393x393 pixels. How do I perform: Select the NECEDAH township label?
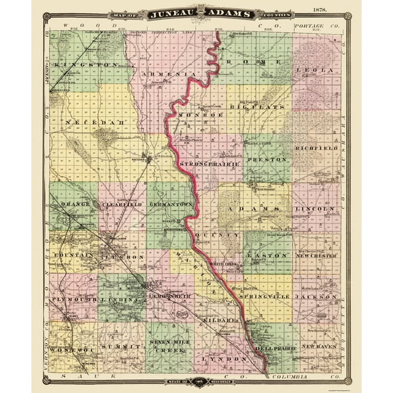coord(87,122)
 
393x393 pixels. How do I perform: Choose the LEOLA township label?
coord(314,70)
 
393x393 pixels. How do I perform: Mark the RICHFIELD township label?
coord(314,147)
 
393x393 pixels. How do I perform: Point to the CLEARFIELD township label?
coord(121,204)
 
